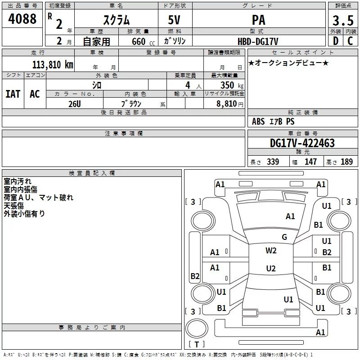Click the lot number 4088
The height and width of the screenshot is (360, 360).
click(22, 19)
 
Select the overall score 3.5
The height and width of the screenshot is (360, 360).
click(343, 20)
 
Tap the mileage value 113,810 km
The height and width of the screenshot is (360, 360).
click(53, 65)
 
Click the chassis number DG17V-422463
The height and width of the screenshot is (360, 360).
click(302, 143)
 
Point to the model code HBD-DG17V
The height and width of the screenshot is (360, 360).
click(258, 41)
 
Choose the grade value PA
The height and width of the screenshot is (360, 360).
click(258, 20)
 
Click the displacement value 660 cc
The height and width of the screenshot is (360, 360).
click(143, 42)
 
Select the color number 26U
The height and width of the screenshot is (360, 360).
click(75, 104)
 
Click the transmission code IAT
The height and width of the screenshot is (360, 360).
click(13, 94)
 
